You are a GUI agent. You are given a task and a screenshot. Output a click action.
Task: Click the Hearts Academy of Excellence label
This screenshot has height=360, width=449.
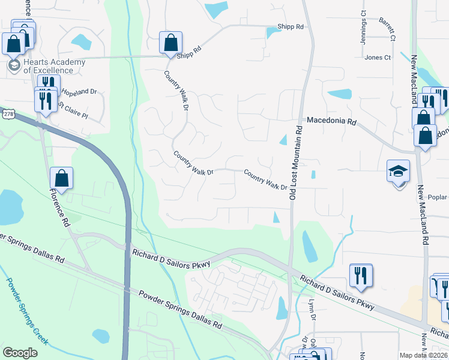[54, 66]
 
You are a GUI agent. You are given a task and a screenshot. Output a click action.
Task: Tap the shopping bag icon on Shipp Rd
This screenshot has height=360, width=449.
[170, 43]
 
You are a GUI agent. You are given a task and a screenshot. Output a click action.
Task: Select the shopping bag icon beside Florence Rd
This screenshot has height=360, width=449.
[61, 178]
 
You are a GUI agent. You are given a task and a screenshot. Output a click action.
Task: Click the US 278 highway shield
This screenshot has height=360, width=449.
[7, 113]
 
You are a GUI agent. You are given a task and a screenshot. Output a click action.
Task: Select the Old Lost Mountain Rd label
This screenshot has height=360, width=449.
[294, 162]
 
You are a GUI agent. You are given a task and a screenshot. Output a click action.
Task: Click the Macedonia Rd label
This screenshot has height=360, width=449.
[332, 121]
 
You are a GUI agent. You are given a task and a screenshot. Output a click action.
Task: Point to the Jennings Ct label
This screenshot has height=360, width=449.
[363, 25]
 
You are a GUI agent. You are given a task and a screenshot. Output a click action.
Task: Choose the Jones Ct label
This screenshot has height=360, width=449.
[378, 58]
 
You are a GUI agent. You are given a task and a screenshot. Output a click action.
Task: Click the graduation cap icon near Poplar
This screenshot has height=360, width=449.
[398, 172]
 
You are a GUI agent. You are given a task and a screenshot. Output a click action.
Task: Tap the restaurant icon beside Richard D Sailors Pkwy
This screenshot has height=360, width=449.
[361, 275]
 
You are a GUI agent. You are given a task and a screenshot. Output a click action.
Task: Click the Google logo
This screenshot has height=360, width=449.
[20, 353]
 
